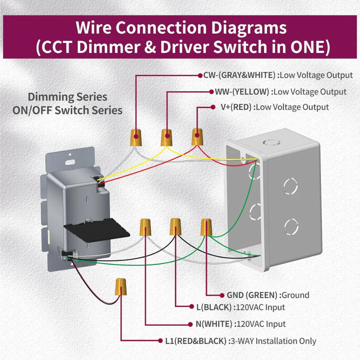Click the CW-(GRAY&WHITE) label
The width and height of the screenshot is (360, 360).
[x=239, y=75]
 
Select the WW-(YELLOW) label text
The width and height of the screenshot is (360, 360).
[x=242, y=92]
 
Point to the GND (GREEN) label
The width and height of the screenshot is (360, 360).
[x=252, y=295]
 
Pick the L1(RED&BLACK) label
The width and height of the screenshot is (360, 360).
[x=196, y=341]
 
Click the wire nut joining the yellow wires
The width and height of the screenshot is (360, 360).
[x=167, y=137]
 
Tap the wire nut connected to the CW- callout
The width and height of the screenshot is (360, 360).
[x=136, y=137]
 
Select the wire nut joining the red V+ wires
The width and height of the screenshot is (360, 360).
[x=196, y=137]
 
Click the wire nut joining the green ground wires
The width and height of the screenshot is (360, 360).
[x=206, y=227]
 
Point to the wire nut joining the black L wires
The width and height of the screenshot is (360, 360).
[x=175, y=226]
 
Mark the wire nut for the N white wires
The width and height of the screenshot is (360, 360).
[x=145, y=227]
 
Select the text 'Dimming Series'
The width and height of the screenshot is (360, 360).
[x=67, y=97]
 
